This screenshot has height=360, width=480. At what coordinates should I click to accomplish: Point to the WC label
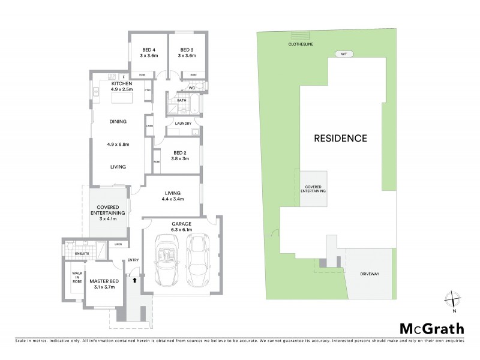(x=191, y=88)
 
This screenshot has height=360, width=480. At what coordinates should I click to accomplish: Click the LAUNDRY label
(x=183, y=124)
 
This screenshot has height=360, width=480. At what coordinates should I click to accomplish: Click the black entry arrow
(x=135, y=279)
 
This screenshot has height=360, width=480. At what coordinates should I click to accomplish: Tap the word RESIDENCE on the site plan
(x=341, y=138)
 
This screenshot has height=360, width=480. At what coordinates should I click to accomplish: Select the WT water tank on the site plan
(x=344, y=53)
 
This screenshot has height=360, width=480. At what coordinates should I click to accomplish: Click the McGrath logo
(x=431, y=328)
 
